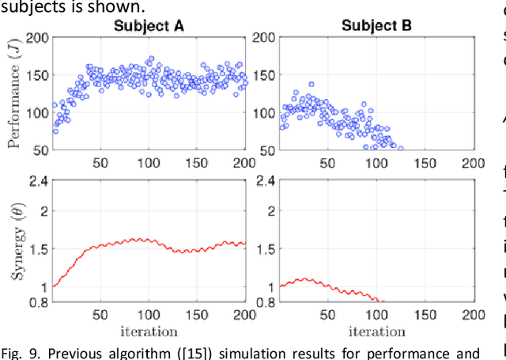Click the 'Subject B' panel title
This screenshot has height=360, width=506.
(x=377, y=25)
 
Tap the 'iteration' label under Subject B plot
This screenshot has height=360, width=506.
(x=377, y=331)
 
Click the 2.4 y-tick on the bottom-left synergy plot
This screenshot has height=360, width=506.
(x=38, y=180)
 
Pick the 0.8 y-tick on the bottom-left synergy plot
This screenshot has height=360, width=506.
(x=38, y=301)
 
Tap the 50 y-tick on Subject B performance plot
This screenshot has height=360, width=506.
(x=268, y=149)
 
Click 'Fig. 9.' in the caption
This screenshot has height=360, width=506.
(x=18, y=351)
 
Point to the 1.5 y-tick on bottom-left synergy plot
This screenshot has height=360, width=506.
(x=38, y=248)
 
